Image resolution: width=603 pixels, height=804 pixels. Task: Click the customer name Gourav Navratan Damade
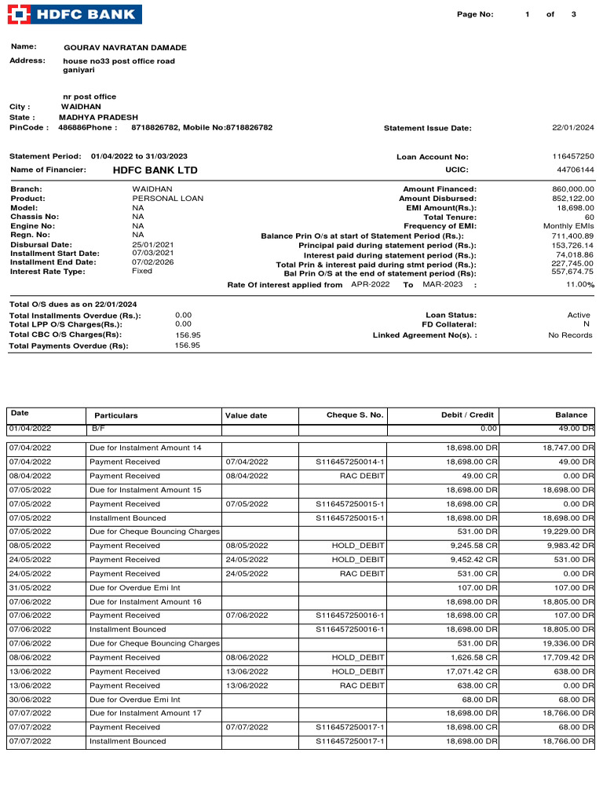pos(125,48)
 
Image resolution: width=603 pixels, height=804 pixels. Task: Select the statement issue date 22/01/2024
pos(573,128)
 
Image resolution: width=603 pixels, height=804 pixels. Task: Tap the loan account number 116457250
pos(573,157)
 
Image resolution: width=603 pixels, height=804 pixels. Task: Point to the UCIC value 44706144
pos(576,170)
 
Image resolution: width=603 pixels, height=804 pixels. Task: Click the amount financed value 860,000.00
pos(573,189)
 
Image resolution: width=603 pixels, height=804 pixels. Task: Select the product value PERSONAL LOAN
pos(167,199)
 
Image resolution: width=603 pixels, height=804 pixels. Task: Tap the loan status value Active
pos(579,315)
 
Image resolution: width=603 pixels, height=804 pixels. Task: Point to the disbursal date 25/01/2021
pos(152,245)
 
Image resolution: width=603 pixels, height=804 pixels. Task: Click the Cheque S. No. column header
pos(355,415)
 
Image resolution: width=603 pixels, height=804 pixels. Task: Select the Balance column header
pos(571,415)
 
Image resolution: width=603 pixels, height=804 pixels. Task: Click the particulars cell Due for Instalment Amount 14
pos(145,448)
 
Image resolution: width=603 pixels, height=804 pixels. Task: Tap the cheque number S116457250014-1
pos(350,462)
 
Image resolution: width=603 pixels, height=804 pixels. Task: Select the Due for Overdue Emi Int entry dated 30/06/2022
pos(135,700)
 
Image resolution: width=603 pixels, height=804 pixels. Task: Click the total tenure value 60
pos(589,217)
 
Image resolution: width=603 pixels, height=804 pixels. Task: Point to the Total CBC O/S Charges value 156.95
pos(188,334)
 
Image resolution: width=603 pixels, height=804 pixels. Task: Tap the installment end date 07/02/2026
pos(152,262)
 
